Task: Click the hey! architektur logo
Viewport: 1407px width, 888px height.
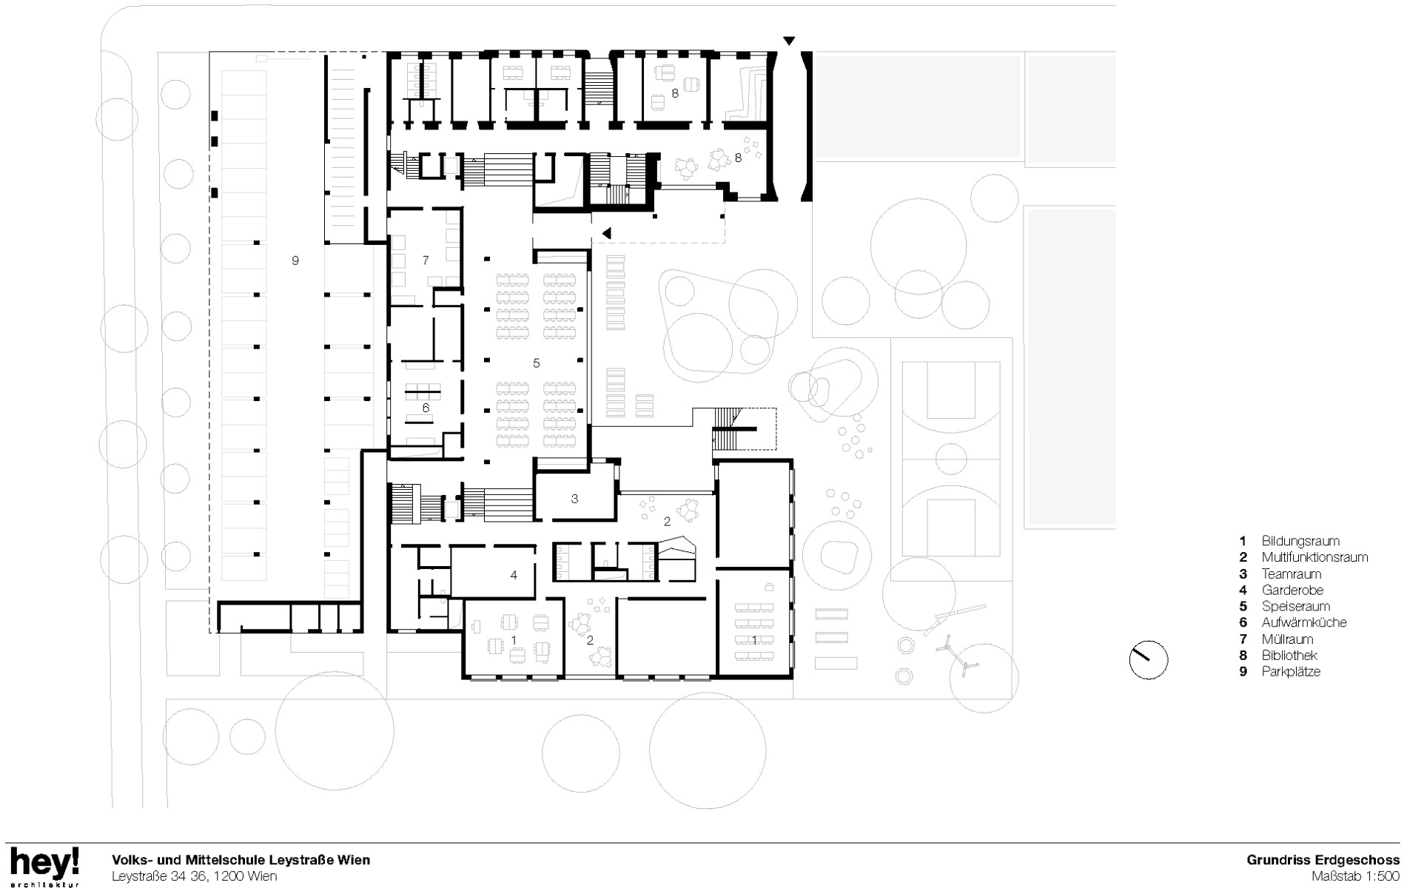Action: point(44,867)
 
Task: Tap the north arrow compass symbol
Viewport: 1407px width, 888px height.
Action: point(1148,660)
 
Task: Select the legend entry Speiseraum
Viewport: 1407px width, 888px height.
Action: point(1295,606)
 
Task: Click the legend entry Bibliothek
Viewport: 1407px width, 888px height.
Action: point(1289,655)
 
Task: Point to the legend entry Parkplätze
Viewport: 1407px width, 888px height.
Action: point(1291,671)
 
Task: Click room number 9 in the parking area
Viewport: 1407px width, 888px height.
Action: point(295,260)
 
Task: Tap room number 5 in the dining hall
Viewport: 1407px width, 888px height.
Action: point(537,363)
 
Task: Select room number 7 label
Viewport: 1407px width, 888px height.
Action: point(426,260)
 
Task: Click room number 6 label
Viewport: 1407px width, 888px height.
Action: point(426,408)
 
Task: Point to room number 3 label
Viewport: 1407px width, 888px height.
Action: point(574,499)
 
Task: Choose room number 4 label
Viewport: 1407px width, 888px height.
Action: point(513,575)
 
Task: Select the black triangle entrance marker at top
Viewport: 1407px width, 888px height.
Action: point(790,40)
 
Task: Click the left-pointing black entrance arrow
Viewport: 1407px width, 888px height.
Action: point(606,233)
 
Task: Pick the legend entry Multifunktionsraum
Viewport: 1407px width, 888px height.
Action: point(1314,557)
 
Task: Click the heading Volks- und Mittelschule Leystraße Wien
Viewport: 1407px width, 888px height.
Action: point(241,860)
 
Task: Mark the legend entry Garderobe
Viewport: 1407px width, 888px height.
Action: point(1292,590)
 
